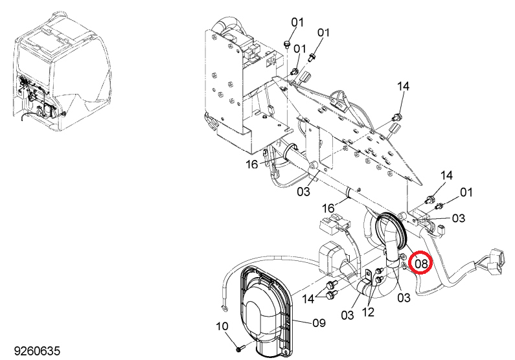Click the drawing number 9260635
pos(37,351)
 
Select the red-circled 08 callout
pos(422,262)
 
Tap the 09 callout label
pos(319,323)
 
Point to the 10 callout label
pos(222,326)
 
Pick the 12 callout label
pos(368,312)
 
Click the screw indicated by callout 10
pos(240,348)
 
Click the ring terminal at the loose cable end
pos(224,308)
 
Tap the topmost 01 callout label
pos(297,22)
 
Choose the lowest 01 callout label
pos(466,192)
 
